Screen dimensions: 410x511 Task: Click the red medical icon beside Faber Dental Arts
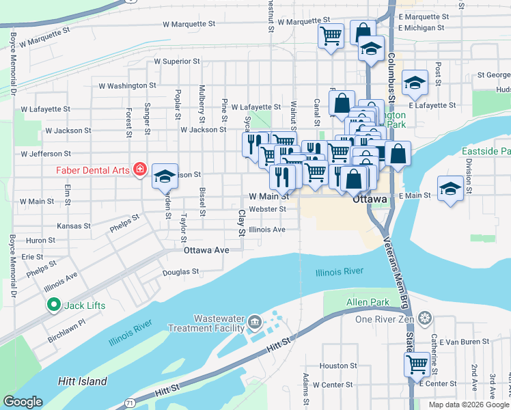click(140, 168)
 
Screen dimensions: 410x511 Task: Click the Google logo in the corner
click(23, 402)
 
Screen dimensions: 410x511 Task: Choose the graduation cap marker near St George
click(414, 82)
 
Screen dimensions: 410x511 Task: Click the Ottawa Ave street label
click(206, 250)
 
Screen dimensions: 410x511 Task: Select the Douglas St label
click(180, 271)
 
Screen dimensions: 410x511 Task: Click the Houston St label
click(334, 366)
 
